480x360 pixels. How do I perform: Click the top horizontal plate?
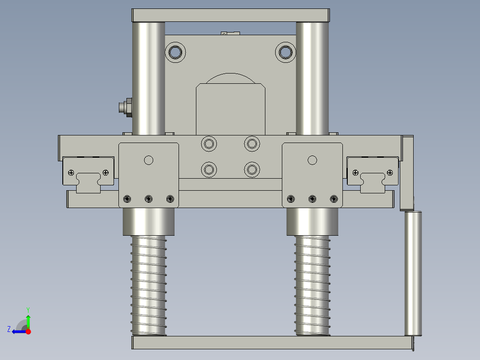[x=231, y=15]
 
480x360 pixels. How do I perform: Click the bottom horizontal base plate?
[x=273, y=342]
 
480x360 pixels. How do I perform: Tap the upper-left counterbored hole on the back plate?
[x=175, y=52]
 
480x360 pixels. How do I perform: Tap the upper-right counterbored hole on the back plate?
[x=285, y=52]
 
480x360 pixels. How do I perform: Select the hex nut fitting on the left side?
[x=126, y=107]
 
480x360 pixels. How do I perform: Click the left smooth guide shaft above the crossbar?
[x=149, y=78]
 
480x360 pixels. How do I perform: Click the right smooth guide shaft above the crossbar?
[x=312, y=78]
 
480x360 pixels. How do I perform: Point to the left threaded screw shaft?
[x=149, y=286]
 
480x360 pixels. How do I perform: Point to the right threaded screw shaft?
[x=312, y=286]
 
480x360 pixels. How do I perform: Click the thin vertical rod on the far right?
[x=413, y=273]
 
